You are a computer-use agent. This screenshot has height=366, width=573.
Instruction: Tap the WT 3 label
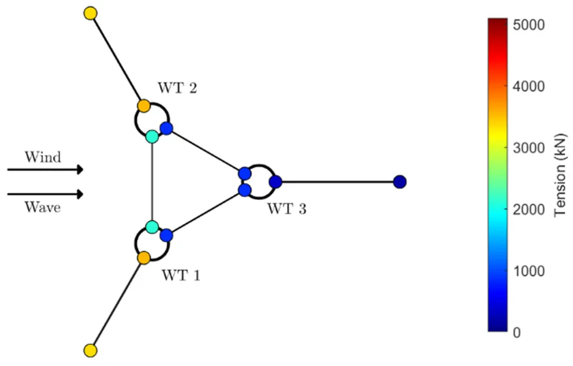click(286, 209)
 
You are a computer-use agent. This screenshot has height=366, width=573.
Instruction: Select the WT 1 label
click(181, 275)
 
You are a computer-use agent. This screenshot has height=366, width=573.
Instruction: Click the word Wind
click(42, 157)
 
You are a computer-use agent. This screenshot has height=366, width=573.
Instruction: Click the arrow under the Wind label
click(45, 170)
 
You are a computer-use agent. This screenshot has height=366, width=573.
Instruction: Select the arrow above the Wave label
click(45, 194)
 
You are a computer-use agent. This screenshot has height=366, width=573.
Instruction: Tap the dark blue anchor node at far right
click(400, 181)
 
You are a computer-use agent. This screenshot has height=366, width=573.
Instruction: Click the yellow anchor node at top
click(91, 13)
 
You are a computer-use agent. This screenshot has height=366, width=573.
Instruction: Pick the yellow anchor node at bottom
click(91, 350)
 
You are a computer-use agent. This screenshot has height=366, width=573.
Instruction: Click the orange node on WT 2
click(144, 106)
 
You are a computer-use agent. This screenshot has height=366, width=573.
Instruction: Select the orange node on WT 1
click(144, 258)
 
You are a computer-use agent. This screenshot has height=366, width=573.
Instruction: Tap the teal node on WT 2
click(152, 137)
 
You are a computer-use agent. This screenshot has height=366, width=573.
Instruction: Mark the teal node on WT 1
click(152, 227)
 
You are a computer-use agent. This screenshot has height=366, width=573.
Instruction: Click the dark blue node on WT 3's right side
click(275, 182)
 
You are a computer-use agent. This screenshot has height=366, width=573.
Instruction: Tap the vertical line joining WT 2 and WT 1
click(152, 182)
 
